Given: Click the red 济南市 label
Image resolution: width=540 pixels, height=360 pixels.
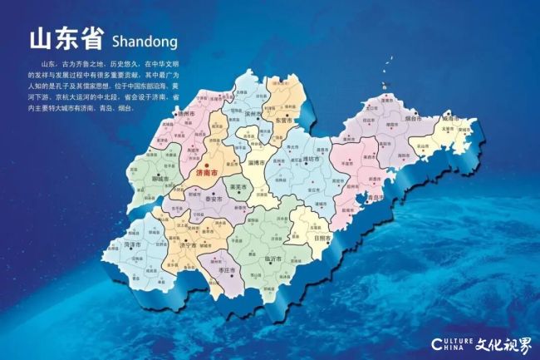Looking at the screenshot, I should pyautogui.click(x=205, y=175).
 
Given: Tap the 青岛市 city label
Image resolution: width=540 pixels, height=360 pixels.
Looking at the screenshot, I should pyautogui.click(x=378, y=199).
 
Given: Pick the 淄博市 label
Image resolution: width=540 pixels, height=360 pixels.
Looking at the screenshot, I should pyautogui.click(x=279, y=164).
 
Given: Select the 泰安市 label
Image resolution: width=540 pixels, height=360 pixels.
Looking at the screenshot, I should pyautogui.click(x=212, y=200).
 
